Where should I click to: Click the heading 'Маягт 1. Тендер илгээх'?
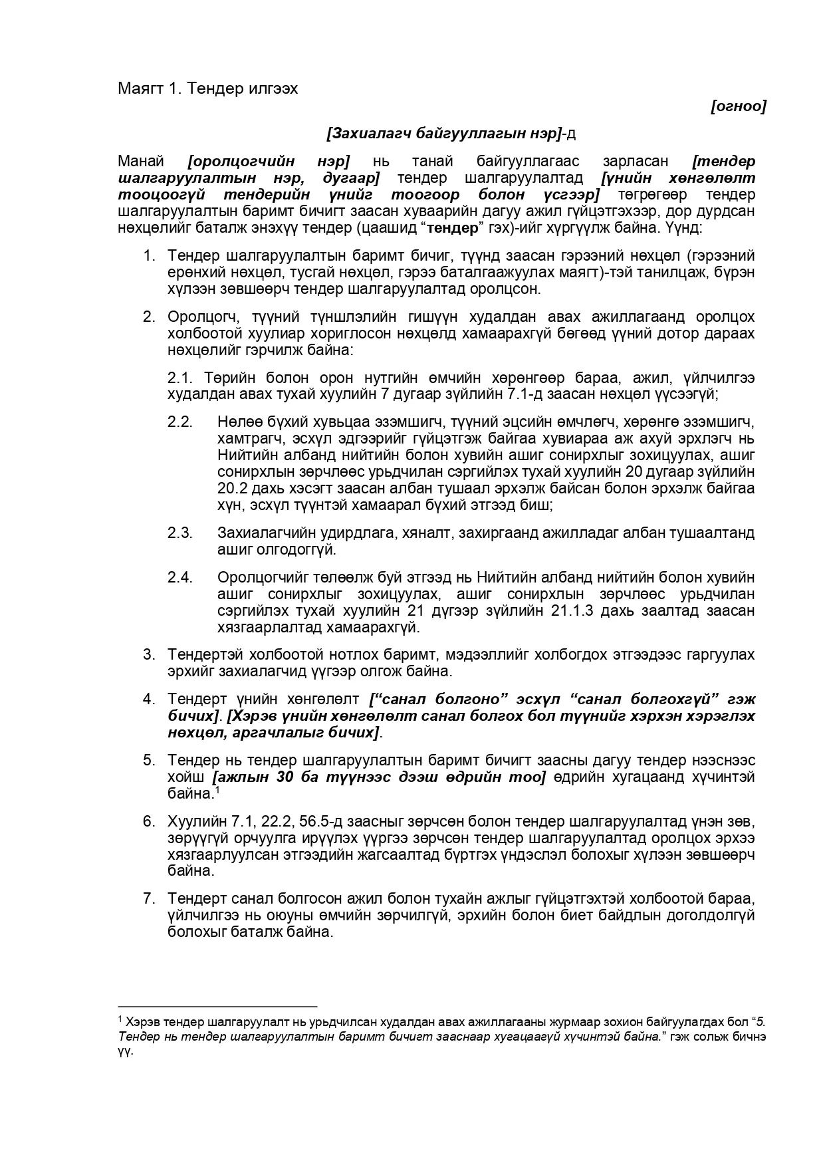click(207, 88)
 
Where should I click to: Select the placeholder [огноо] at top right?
click(738, 106)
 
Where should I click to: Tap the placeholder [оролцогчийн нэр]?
click(269, 162)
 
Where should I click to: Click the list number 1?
click(149, 256)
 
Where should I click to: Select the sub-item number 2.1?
click(179, 378)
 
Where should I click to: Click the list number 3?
click(149, 655)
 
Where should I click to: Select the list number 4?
click(149, 700)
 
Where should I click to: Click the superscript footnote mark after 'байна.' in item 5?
click(217, 790)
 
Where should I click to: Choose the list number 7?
click(149, 899)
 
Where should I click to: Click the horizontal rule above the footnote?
click(217, 1007)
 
